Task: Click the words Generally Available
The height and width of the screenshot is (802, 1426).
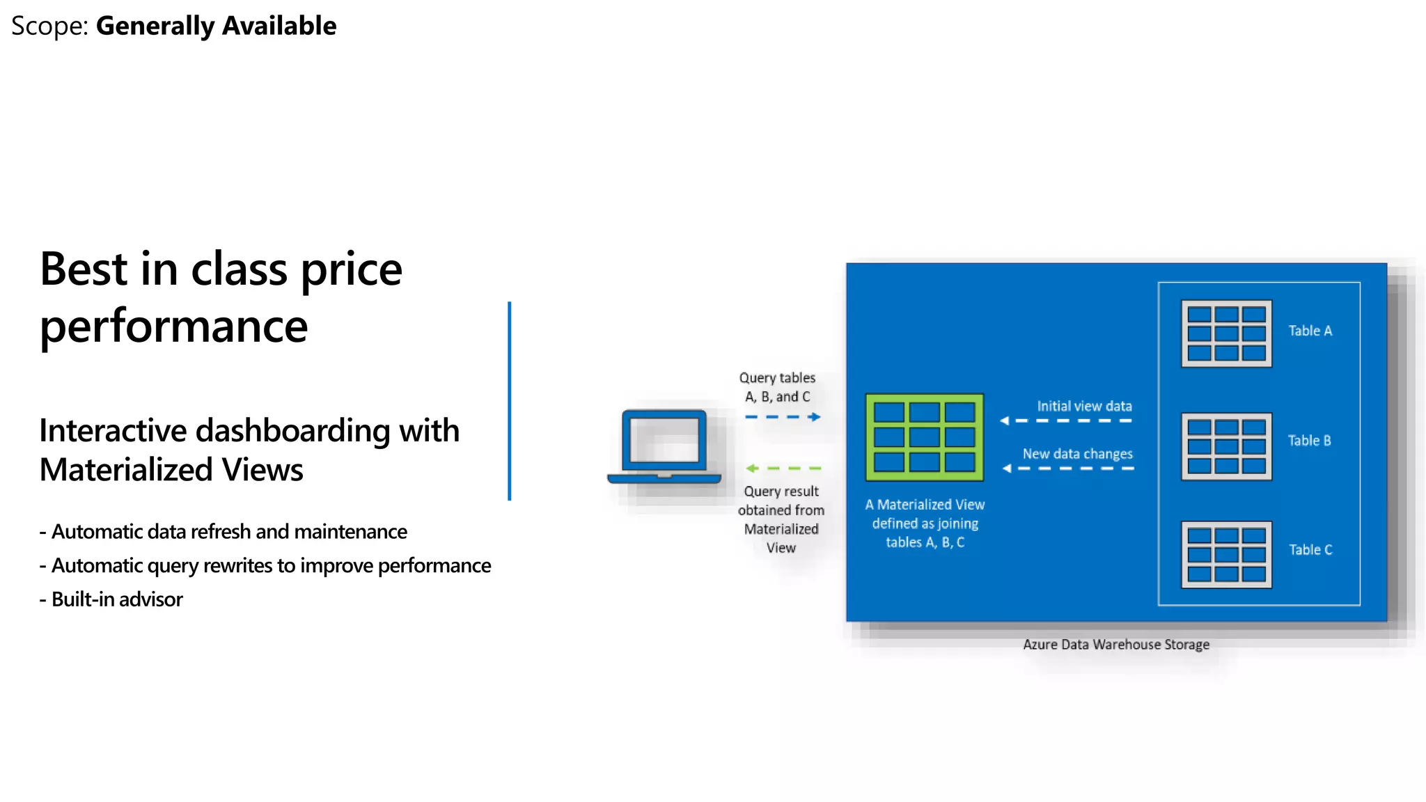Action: click(x=216, y=26)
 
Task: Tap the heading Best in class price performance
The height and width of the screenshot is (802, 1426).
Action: click(x=221, y=297)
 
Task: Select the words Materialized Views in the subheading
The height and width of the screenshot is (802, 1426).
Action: click(x=171, y=470)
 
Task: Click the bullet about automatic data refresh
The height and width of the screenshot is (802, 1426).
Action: click(x=224, y=532)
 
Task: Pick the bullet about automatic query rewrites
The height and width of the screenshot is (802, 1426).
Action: click(x=265, y=565)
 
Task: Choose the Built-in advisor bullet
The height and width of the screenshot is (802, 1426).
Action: click(x=111, y=599)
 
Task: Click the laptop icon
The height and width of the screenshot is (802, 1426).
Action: click(x=664, y=446)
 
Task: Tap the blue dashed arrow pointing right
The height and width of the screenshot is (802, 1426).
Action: click(x=783, y=417)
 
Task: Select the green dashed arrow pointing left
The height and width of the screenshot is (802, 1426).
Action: click(x=783, y=469)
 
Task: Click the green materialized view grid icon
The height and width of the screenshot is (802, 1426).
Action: click(x=924, y=437)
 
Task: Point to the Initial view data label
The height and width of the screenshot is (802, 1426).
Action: click(x=1084, y=406)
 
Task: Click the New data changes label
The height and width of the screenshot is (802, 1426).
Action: click(x=1077, y=454)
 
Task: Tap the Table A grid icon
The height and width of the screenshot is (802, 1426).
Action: click(x=1226, y=333)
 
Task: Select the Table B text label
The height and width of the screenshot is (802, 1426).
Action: click(x=1309, y=441)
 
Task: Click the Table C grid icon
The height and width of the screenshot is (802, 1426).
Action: click(x=1226, y=555)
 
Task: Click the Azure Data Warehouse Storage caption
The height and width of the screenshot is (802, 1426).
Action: click(x=1115, y=645)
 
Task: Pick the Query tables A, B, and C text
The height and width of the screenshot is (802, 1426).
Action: click(x=777, y=387)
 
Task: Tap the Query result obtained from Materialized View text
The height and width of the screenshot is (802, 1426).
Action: click(x=781, y=519)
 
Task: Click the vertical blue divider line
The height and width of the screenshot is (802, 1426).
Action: click(x=510, y=401)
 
